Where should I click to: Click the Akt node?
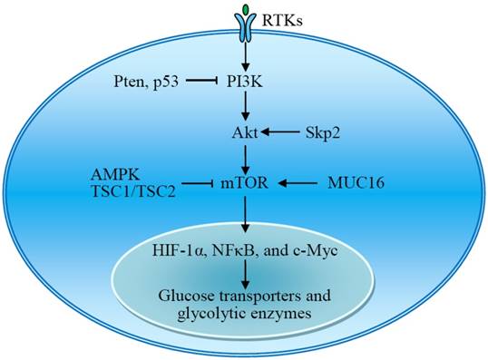point(246,132)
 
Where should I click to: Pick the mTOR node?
point(246,183)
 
